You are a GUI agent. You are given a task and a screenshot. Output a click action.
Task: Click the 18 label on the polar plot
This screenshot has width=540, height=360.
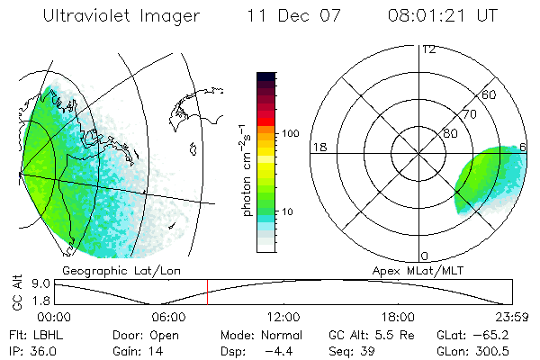coord(318,147)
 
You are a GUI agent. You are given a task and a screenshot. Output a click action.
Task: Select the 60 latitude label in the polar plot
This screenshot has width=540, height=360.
coord(490,94)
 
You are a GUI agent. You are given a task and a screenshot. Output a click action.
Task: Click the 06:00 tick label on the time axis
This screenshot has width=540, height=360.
coord(168,317)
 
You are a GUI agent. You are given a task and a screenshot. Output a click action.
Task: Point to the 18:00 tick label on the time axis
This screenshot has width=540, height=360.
coord(398,317)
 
